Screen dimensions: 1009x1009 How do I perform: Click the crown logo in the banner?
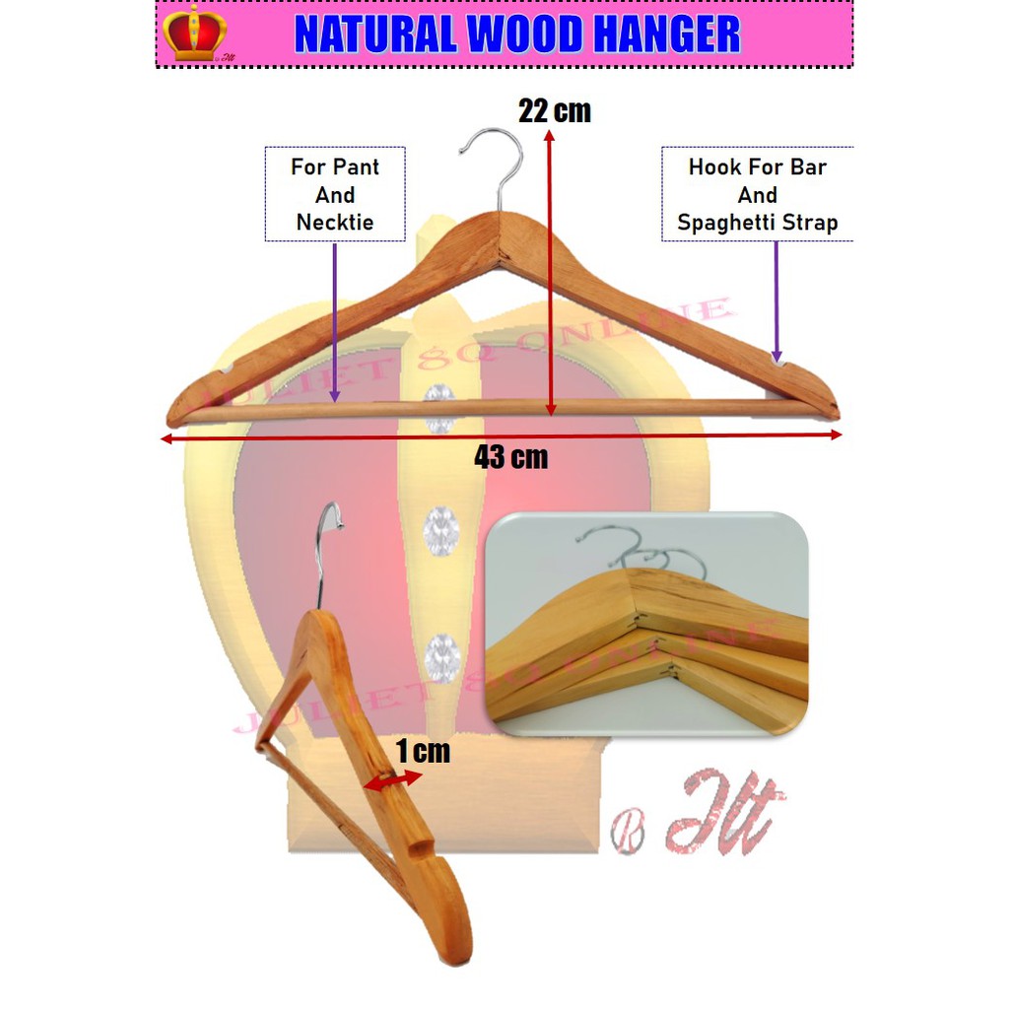pos(194,34)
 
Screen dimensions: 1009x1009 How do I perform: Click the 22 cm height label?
pos(554,111)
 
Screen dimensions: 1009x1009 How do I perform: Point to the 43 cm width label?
pos(510,457)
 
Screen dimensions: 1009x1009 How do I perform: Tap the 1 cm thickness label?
pos(423,752)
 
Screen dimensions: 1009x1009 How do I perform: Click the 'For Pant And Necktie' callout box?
pos(335,194)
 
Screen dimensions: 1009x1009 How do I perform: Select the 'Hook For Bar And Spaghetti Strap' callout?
pos(757,194)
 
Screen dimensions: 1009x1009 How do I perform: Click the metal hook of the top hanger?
pos(494,163)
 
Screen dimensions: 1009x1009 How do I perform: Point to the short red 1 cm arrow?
pos(392,780)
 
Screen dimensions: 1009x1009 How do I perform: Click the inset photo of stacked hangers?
pos(648,623)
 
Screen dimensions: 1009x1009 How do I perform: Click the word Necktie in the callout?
pos(335,223)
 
